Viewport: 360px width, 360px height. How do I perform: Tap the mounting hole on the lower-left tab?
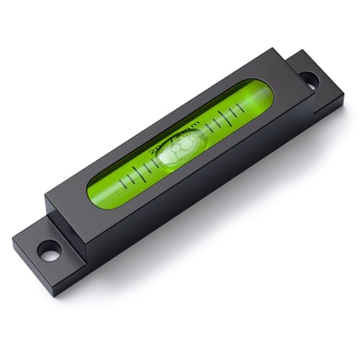click(49, 253)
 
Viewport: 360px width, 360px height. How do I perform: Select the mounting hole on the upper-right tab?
click(307, 80)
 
